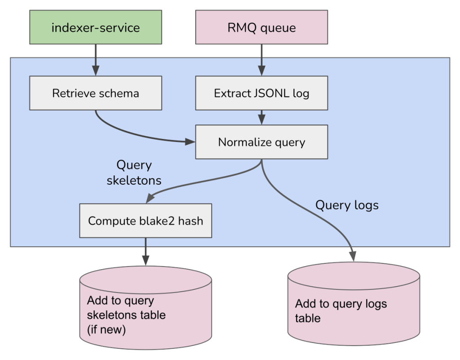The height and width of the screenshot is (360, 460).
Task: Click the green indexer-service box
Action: pos(96,27)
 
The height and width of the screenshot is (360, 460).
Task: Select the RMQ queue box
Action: pos(261,27)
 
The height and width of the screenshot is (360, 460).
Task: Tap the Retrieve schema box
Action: pos(96,93)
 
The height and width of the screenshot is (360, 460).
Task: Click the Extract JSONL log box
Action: pos(261,93)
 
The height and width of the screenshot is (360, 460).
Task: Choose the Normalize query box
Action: pos(261,142)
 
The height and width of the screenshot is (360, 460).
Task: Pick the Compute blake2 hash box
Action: pos(146,221)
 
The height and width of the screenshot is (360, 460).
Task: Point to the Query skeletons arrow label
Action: pos(133,173)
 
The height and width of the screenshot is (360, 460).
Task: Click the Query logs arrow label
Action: pos(347,205)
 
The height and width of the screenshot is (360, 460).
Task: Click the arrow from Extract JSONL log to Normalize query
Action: pos(261,118)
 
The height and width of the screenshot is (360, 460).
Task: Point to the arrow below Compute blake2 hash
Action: pos(146,251)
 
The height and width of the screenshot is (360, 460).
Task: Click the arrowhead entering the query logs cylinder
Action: pos(354,257)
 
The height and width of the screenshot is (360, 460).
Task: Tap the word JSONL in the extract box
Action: pos(270,93)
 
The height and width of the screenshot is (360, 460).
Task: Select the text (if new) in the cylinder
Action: pos(106,330)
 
